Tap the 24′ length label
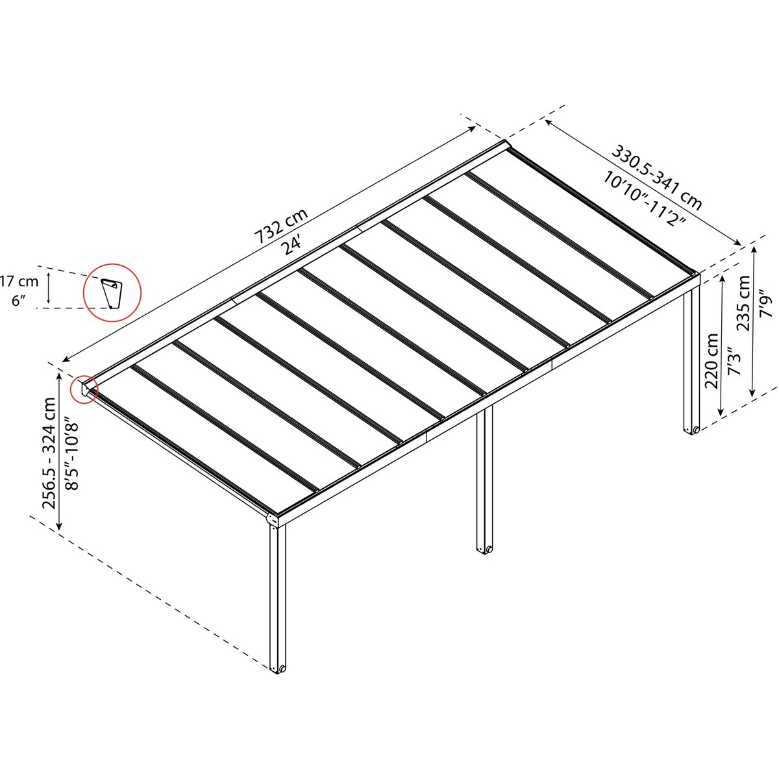click(294, 245)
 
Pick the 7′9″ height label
click(767, 303)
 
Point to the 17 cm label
click(19, 281)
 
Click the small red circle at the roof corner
click(84, 388)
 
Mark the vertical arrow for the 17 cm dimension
click(49, 290)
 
